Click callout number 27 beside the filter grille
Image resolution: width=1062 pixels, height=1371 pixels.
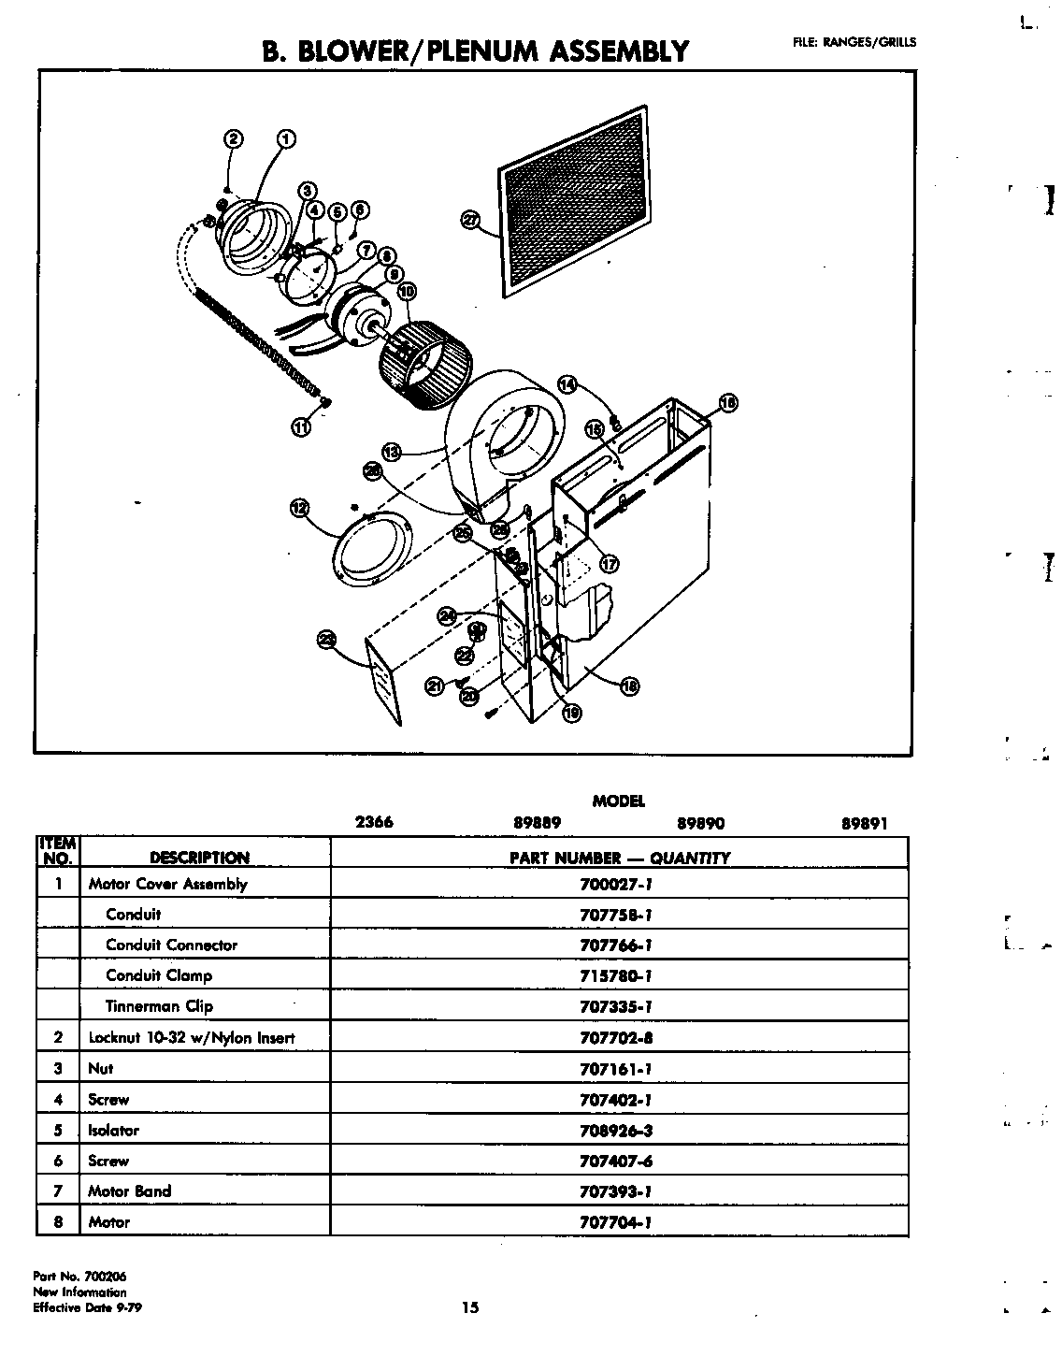coord(470,220)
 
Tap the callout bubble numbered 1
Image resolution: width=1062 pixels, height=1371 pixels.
coord(286,139)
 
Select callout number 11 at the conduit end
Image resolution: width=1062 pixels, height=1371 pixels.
coord(300,427)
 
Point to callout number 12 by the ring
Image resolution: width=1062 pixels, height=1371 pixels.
coord(299,508)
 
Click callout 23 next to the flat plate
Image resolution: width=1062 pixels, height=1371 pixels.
coord(326,640)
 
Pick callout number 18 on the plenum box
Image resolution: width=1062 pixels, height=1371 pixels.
coord(630,685)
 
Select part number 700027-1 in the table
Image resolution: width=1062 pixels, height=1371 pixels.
coord(615,884)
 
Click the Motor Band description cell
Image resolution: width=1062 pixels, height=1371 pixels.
coord(129,1191)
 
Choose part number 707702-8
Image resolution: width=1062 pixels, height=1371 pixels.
coord(615,1037)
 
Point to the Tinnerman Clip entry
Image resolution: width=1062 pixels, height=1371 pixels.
coord(159,1006)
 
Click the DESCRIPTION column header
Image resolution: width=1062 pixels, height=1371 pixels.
coord(199,858)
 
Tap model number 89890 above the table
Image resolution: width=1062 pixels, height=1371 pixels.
coord(700,824)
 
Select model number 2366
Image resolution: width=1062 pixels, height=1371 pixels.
coord(374,823)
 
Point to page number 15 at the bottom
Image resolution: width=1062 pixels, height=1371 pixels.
coord(469,1307)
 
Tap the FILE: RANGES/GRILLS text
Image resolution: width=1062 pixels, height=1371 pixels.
coord(854,41)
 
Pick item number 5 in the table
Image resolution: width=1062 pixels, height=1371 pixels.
coord(58,1130)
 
